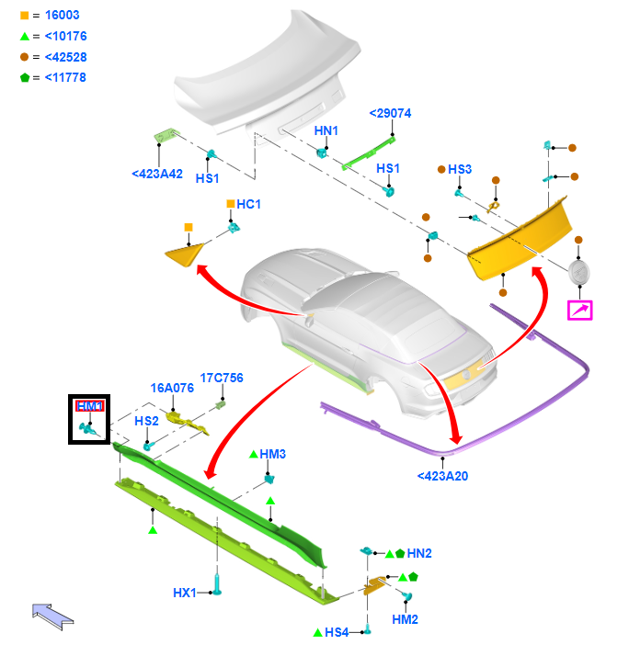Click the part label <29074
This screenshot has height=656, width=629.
point(390,113)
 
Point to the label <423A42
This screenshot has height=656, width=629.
point(157,174)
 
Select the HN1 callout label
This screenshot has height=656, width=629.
point(326,131)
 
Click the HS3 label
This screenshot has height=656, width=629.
point(460,169)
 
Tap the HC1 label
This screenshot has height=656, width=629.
point(248,204)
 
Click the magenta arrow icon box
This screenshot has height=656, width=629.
point(580,311)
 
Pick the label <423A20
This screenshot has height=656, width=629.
point(442,476)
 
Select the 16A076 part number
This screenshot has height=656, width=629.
point(172,388)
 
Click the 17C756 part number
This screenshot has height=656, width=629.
point(222,378)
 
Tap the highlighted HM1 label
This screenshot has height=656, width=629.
point(90,406)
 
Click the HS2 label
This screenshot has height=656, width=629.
point(147,421)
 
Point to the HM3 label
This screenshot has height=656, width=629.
point(272,454)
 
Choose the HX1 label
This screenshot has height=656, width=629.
point(185,593)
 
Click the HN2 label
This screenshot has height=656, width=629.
point(419,553)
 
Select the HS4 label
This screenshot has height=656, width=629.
point(337,632)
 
